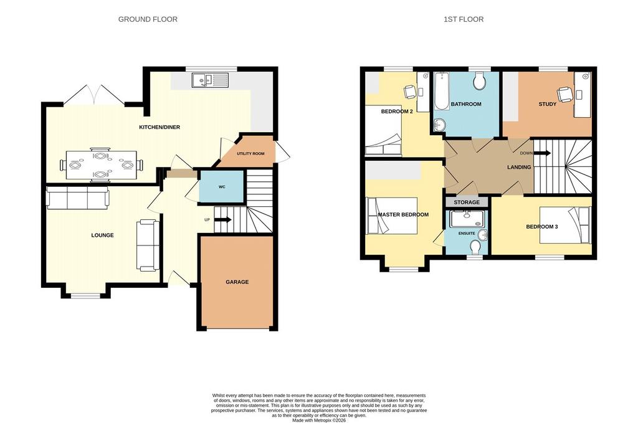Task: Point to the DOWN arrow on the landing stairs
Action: pos(542,153)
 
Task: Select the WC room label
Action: pos(222,187)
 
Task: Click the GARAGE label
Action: pos(237,282)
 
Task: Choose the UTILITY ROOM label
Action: pos(250,154)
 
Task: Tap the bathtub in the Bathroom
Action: pos(441,92)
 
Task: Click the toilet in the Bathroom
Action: pos(480,81)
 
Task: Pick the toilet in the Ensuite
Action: pos(475,247)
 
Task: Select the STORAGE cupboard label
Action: pos(467,202)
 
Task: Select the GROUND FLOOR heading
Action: pos(148,19)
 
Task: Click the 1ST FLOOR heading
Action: pos(464,19)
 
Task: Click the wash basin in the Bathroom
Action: pos(439,125)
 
